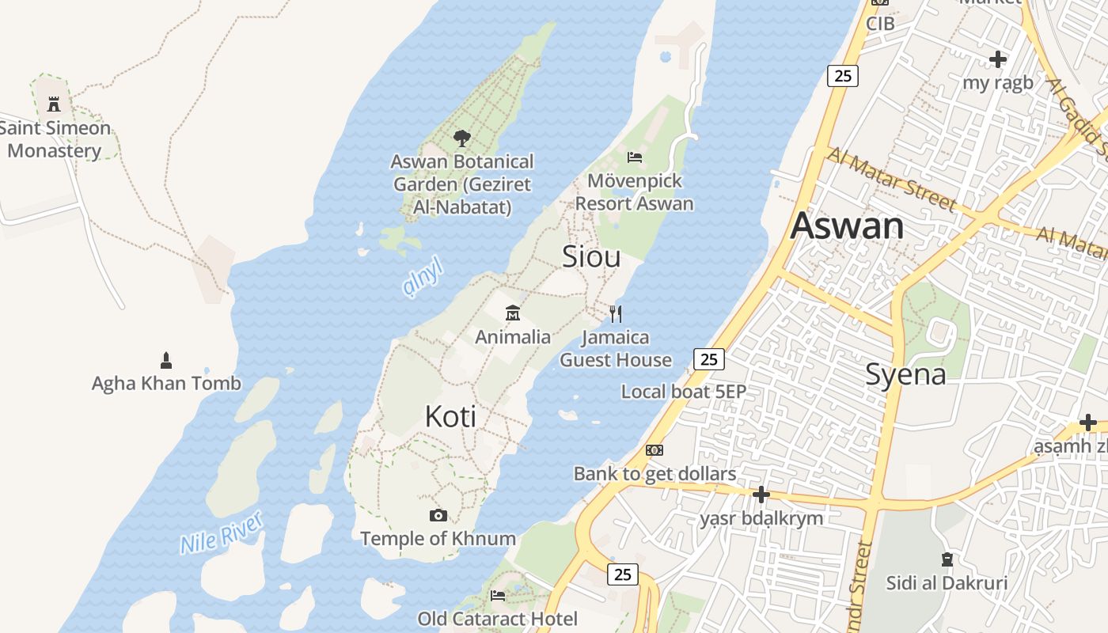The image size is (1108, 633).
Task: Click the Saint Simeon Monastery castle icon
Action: [54, 104]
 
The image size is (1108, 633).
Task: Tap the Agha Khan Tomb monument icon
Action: [166, 361]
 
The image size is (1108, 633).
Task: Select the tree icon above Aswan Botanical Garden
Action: [462, 139]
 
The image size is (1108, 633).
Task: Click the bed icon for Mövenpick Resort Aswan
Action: [635, 157]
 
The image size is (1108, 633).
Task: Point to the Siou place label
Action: [591, 256]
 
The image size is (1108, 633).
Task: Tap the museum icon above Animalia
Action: [513, 313]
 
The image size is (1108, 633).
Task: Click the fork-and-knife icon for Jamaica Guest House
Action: [616, 314]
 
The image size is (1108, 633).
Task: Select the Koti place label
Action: [450, 416]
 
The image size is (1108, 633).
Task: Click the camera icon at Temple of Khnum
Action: [438, 516]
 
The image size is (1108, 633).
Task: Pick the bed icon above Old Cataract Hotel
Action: [498, 595]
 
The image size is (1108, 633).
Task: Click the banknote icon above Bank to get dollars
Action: [655, 450]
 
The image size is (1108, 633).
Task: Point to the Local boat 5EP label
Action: [684, 391]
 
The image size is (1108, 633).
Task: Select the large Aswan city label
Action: [847, 226]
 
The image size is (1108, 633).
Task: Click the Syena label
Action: [905, 374]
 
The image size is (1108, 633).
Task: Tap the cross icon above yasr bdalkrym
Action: [761, 495]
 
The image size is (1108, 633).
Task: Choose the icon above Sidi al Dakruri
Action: [947, 559]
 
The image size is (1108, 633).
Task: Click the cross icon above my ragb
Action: [998, 59]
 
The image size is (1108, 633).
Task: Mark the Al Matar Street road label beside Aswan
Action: [890, 179]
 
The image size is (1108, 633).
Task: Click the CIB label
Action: [880, 24]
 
